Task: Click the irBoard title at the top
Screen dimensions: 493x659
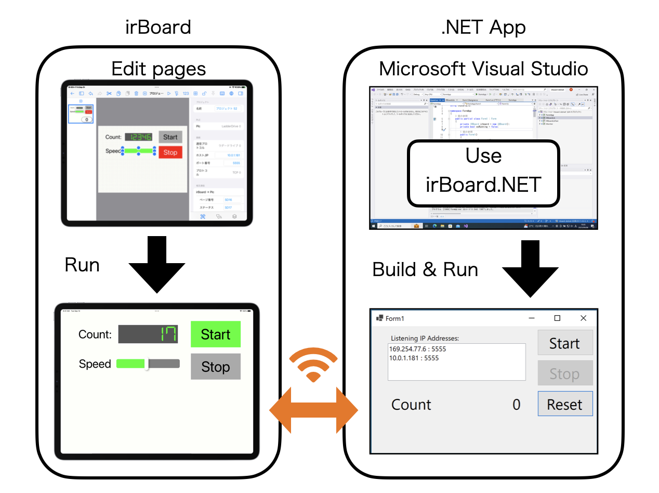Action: click(x=158, y=27)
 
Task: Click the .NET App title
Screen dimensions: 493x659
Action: click(x=483, y=27)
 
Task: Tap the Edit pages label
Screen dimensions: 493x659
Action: click(x=159, y=69)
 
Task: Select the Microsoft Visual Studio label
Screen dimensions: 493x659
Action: click(x=483, y=69)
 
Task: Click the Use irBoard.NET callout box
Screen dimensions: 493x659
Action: click(x=483, y=172)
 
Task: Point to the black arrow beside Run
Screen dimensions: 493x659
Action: click(x=157, y=265)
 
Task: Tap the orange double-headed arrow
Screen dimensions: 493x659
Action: click(x=313, y=411)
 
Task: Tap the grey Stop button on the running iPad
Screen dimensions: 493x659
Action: click(x=215, y=367)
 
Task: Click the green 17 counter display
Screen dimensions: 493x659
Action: click(x=148, y=334)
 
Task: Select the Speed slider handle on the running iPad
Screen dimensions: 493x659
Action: click(x=147, y=364)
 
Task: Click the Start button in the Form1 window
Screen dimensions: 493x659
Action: click(x=564, y=343)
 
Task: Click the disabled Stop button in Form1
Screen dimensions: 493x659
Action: click(x=564, y=374)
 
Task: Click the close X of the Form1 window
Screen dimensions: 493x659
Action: click(x=583, y=318)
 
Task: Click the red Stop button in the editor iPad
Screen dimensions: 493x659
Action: click(x=170, y=152)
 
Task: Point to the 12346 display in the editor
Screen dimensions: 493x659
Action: click(x=138, y=137)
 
